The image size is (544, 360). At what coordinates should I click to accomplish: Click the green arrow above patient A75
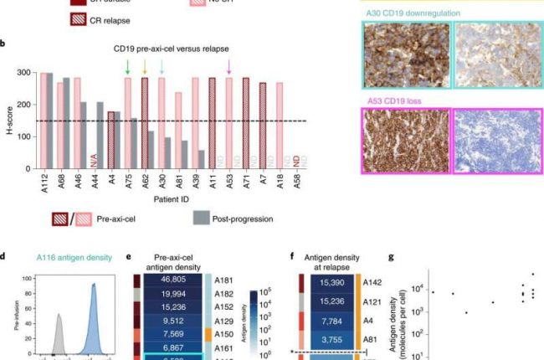tap(127, 65)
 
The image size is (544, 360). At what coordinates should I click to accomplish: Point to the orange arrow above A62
tap(145, 65)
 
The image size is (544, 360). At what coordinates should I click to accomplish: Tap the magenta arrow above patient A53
tap(230, 65)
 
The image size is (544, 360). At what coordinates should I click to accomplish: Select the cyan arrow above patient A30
tap(162, 65)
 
